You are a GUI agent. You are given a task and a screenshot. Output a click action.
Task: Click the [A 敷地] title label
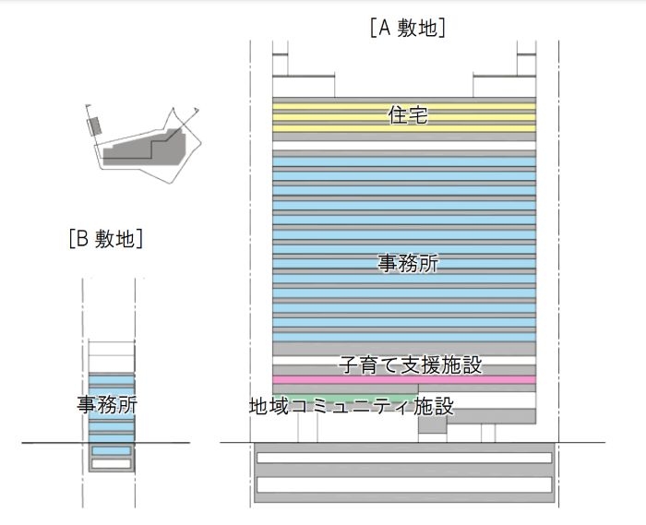click(407, 28)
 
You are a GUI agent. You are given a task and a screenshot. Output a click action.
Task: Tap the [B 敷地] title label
click(106, 240)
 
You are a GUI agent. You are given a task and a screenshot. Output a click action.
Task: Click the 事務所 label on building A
click(408, 263)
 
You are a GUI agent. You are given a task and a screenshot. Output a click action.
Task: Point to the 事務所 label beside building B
click(107, 404)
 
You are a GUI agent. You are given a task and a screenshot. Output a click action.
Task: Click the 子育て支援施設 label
click(410, 365)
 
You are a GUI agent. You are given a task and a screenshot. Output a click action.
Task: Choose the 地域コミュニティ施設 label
click(351, 406)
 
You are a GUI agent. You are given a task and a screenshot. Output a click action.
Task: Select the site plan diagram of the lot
click(143, 148)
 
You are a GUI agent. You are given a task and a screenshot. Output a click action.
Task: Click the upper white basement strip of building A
click(403, 458)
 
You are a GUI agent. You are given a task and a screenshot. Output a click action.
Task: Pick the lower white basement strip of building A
click(403, 483)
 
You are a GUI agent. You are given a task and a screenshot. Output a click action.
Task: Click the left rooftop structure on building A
click(303, 85)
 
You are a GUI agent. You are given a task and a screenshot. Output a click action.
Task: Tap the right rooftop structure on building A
click(504, 85)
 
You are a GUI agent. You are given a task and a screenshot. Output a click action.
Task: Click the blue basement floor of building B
click(111, 450)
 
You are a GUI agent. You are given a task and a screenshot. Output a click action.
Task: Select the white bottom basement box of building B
click(111, 463)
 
